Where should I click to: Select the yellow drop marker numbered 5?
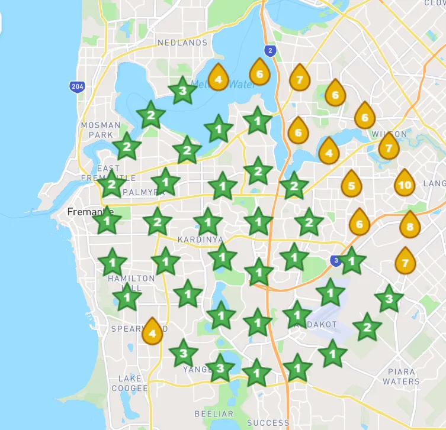tap(351, 185)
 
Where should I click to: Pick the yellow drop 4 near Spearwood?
tap(152, 331)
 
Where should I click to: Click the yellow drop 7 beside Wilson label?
tap(389, 146)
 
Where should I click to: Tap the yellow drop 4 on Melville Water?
tap(219, 77)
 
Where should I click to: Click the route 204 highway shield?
tap(76, 87)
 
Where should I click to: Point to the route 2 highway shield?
tap(270, 51)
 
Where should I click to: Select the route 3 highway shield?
tap(336, 260)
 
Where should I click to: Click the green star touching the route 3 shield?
tap(352, 260)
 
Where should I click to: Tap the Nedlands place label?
tap(182, 43)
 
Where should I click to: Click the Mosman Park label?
tap(100, 130)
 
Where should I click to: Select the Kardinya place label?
tap(200, 240)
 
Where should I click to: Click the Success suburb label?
tap(268, 422)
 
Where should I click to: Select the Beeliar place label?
tap(214, 413)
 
